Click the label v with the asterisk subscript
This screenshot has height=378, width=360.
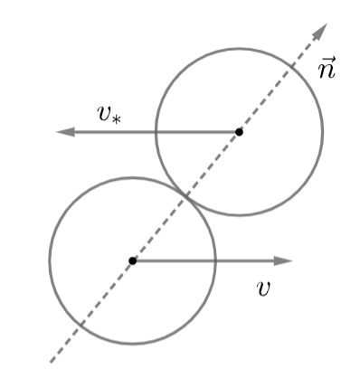point(109,115)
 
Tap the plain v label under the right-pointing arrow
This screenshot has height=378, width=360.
point(263,288)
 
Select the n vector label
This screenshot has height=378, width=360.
point(327,68)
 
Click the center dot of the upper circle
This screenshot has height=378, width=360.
point(239,132)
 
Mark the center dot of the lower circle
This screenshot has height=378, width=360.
point(132,260)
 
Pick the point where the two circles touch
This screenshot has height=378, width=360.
point(185,196)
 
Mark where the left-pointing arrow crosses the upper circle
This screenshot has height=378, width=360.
point(156,132)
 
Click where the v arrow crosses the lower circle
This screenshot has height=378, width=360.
point(215,260)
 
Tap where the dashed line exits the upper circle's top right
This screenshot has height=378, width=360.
point(292,68)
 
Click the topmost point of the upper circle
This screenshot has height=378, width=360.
point(239,49)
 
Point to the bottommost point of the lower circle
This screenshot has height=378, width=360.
point(132,344)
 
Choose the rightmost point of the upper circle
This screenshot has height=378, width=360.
point(322,132)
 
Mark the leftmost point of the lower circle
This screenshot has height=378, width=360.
point(49,260)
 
